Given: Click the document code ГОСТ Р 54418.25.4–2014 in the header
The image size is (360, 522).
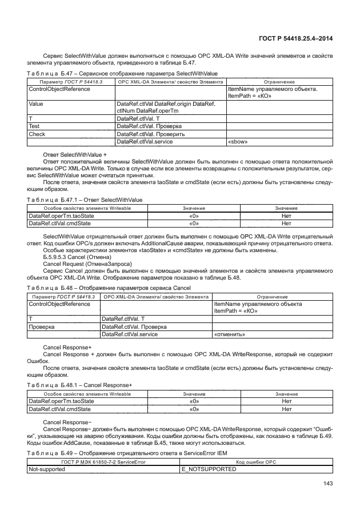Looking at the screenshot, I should tap(292, 38).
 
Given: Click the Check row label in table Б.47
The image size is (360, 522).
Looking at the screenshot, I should tap(36, 134).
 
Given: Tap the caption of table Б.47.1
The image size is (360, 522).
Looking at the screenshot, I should tap(84, 200).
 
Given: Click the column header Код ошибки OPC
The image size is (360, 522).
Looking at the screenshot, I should tap(256, 461).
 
